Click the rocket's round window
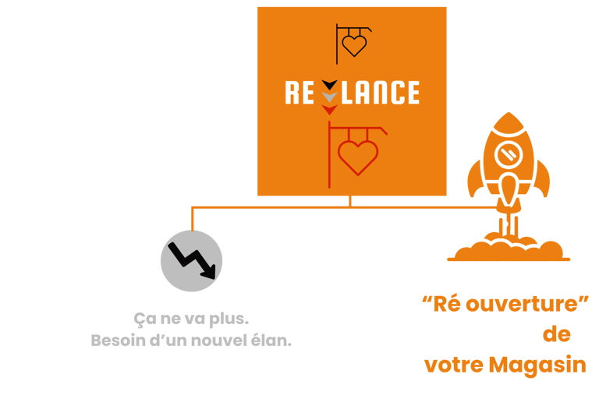coord(507,153)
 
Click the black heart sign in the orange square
coord(353,43)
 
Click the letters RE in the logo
coord(300,93)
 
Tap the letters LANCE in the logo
coord(380,93)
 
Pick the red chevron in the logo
coord(330,110)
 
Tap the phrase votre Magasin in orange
coord(505,364)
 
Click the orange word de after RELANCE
coord(555,334)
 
